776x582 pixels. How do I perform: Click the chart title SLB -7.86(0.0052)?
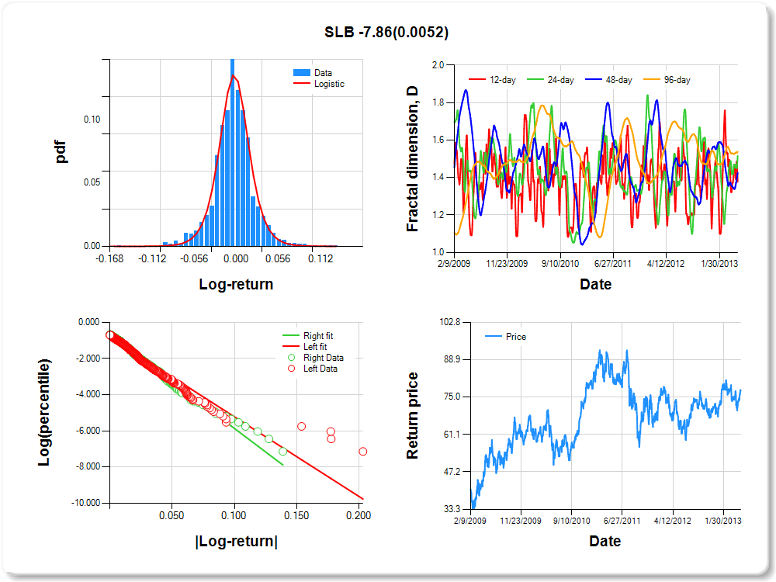386,33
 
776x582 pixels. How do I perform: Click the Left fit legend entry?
314,347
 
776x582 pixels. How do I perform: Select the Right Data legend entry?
323,358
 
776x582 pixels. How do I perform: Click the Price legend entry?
515,337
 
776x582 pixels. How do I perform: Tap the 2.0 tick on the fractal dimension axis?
438,65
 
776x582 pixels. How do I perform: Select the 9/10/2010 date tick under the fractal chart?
560,263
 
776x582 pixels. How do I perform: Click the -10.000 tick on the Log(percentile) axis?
85,503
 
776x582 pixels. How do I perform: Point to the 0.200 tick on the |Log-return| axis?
358,514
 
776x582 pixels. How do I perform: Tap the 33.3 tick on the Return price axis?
452,509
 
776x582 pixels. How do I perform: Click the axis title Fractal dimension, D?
413,159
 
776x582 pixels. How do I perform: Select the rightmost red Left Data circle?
362,452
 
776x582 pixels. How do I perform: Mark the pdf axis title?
61,151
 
